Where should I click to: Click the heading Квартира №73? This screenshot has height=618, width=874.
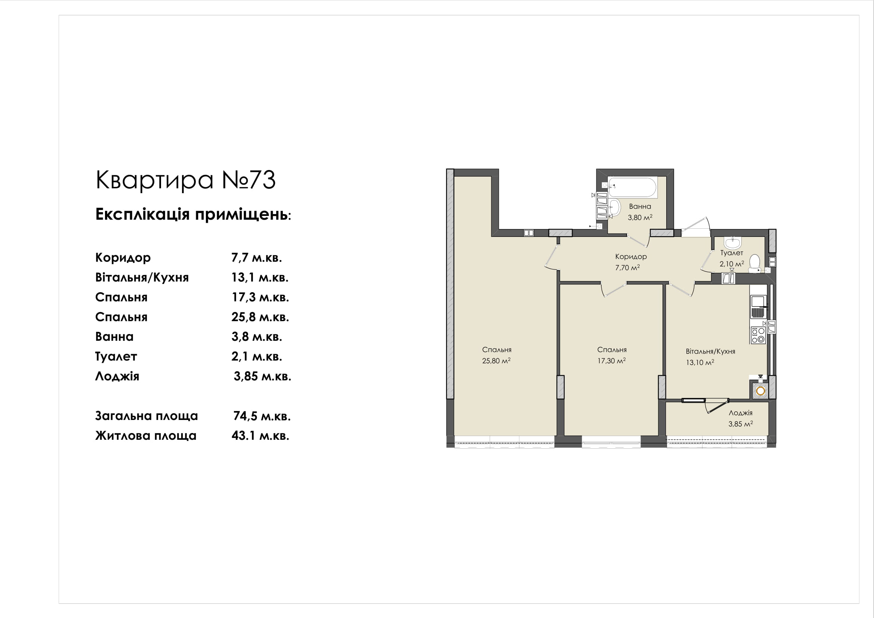click(x=185, y=180)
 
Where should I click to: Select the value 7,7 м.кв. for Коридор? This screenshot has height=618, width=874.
click(x=257, y=258)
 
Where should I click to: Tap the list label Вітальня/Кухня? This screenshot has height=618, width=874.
click(x=142, y=277)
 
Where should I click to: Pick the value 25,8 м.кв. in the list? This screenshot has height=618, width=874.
click(x=260, y=317)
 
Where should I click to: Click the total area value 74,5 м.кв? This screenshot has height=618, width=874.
click(x=262, y=416)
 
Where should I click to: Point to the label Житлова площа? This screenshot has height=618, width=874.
click(x=146, y=436)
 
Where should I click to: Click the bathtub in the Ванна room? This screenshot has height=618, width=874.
click(x=632, y=187)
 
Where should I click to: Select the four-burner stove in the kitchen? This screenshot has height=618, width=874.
click(x=758, y=335)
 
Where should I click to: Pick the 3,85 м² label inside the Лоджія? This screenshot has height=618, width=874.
click(x=740, y=424)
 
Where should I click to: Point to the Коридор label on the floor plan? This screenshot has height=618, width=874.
click(x=631, y=256)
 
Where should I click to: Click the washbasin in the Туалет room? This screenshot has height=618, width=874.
click(x=733, y=242)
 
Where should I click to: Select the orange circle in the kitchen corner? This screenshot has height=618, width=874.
click(x=760, y=391)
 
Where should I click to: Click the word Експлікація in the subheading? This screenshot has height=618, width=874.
click(x=142, y=214)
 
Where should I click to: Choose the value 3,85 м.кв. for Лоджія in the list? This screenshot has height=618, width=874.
click(x=262, y=376)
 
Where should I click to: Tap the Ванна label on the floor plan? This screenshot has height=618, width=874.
click(x=640, y=206)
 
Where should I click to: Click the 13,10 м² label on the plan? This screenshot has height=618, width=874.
click(x=699, y=362)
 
